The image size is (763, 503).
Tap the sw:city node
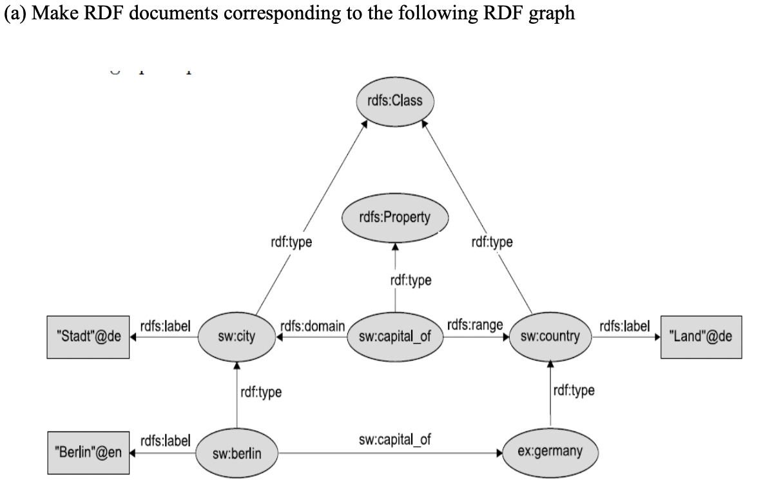tap(236, 336)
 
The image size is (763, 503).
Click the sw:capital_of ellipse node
tap(395, 336)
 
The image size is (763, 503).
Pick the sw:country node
tap(550, 336)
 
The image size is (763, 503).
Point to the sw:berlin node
tap(237, 453)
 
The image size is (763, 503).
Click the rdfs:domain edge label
tap(313, 326)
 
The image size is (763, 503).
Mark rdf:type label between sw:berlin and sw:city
tap(260, 391)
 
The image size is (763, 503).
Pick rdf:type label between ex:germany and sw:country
tap(574, 390)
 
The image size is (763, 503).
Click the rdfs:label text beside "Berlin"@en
tap(164, 441)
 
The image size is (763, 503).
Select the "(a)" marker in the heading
tap(15, 14)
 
